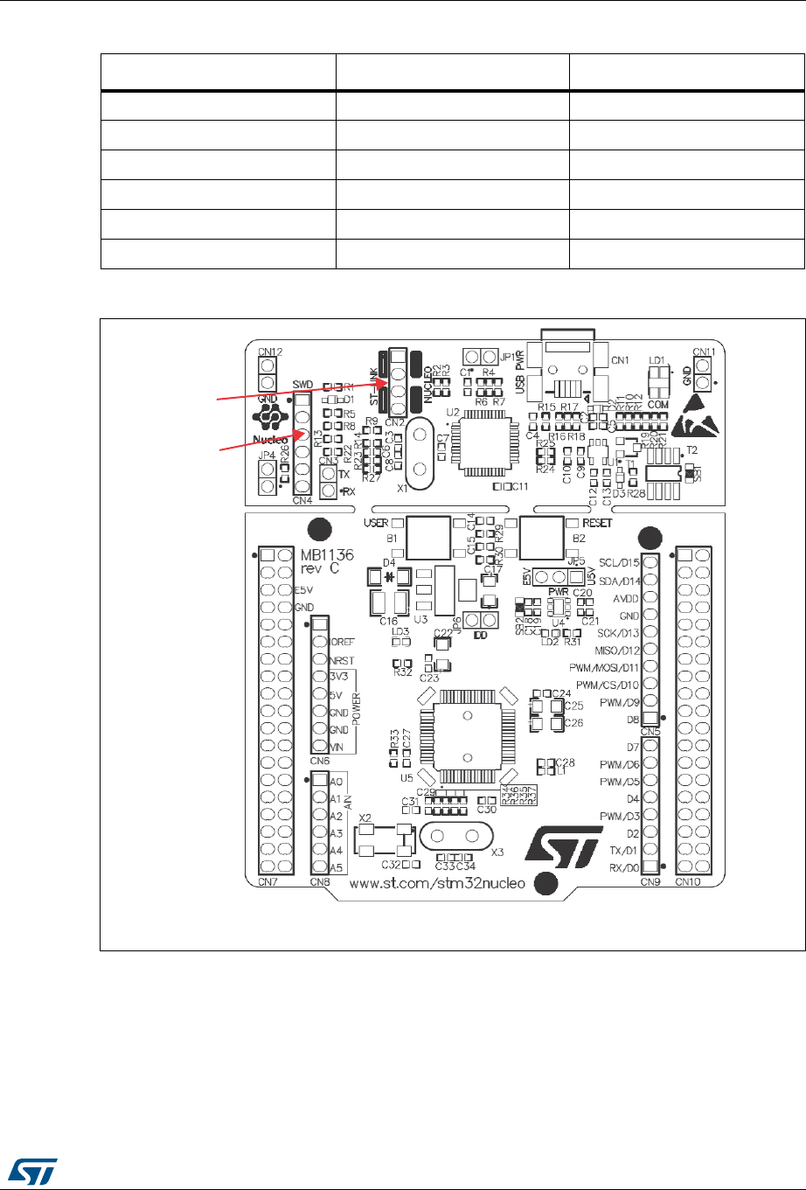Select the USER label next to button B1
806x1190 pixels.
tap(375, 523)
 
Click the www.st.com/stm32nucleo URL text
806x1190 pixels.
tap(437, 883)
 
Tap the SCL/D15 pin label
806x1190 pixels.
tap(619, 562)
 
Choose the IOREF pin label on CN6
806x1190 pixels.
tap(344, 642)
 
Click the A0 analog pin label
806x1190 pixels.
tap(336, 781)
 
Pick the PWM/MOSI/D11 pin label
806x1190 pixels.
tap(604, 667)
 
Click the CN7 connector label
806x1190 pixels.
tap(268, 882)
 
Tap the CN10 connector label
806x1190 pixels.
tap(689, 882)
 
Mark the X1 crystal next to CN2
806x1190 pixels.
tap(417, 451)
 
